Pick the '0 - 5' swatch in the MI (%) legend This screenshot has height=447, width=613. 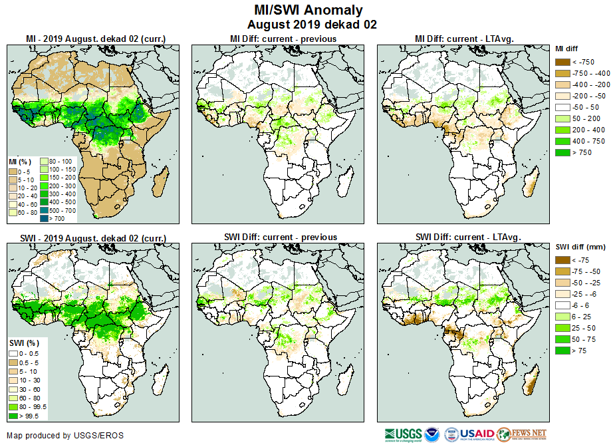[13, 172]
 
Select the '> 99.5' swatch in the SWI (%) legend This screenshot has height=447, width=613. [13, 416]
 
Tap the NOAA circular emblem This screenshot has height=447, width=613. [433, 434]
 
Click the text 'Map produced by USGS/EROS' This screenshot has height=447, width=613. [65, 436]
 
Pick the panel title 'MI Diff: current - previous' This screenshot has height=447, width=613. [283, 39]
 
